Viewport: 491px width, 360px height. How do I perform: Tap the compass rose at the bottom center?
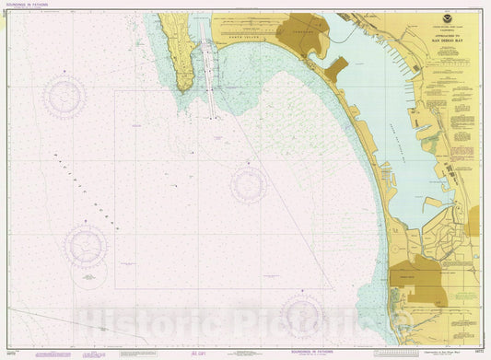[x=303, y=319]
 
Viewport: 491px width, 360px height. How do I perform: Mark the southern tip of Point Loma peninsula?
[x=185, y=89]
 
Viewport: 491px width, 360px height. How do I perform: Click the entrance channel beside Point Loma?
[x=211, y=83]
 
